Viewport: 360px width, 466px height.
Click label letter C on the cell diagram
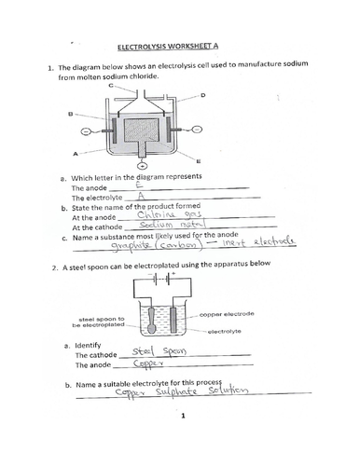(112, 85)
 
